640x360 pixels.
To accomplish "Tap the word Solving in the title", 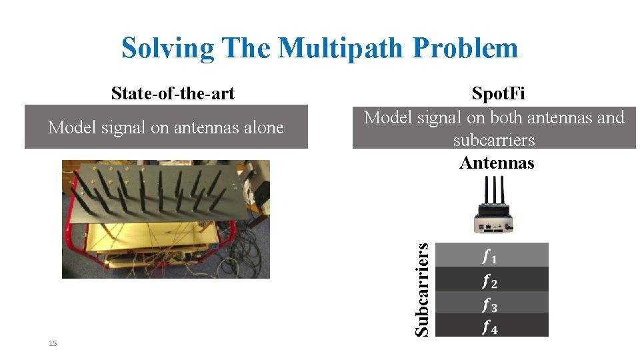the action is click(x=168, y=48).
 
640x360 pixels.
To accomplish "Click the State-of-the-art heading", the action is click(x=173, y=93).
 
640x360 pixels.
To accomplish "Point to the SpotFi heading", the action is click(x=498, y=93).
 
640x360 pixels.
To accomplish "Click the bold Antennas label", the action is click(x=497, y=163).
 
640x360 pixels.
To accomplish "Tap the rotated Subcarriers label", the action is click(x=421, y=289).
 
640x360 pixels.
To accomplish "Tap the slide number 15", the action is click(x=53, y=343).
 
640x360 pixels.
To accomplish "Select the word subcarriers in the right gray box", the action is click(x=494, y=141).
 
